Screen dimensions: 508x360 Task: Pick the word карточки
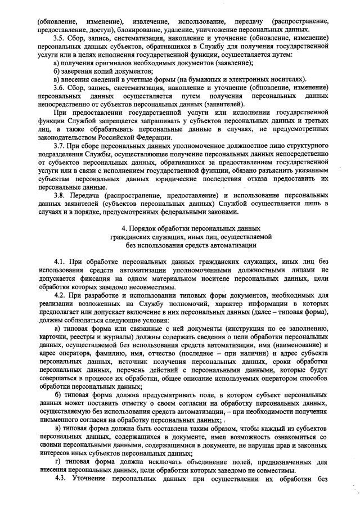coord(53,336)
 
